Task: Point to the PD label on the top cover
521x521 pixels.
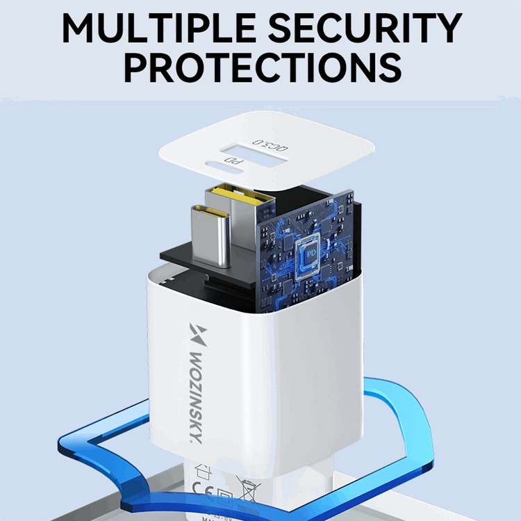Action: coord(236,164)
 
